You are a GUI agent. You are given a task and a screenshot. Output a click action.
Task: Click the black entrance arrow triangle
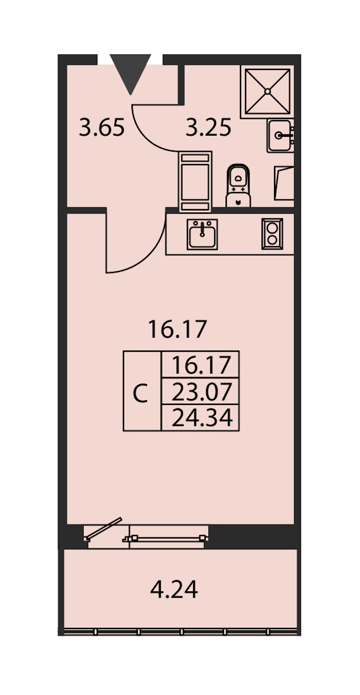[130, 72]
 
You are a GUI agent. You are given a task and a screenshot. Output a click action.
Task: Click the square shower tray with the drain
[267, 92]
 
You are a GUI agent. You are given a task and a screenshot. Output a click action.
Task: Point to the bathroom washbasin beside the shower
[280, 136]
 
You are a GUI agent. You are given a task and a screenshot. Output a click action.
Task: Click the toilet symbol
[238, 185]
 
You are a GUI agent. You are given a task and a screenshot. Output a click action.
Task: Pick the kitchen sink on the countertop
[202, 234]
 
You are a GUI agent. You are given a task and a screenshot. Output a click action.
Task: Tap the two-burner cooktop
[272, 234]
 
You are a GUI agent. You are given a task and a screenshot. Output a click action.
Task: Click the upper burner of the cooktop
[272, 228]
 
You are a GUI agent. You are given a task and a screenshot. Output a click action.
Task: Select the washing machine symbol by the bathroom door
[195, 181]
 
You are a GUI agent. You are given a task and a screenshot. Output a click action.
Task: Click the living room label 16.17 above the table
[177, 329]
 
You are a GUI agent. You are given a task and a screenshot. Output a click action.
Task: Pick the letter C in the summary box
[140, 394]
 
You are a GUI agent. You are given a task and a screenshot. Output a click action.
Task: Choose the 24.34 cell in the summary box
[202, 418]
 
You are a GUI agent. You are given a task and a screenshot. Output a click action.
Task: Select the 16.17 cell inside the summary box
[201, 365]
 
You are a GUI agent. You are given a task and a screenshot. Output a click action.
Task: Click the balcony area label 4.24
[174, 589]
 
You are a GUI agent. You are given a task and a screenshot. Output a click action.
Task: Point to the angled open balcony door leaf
[104, 529]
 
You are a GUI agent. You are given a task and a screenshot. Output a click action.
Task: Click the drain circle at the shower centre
[267, 92]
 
